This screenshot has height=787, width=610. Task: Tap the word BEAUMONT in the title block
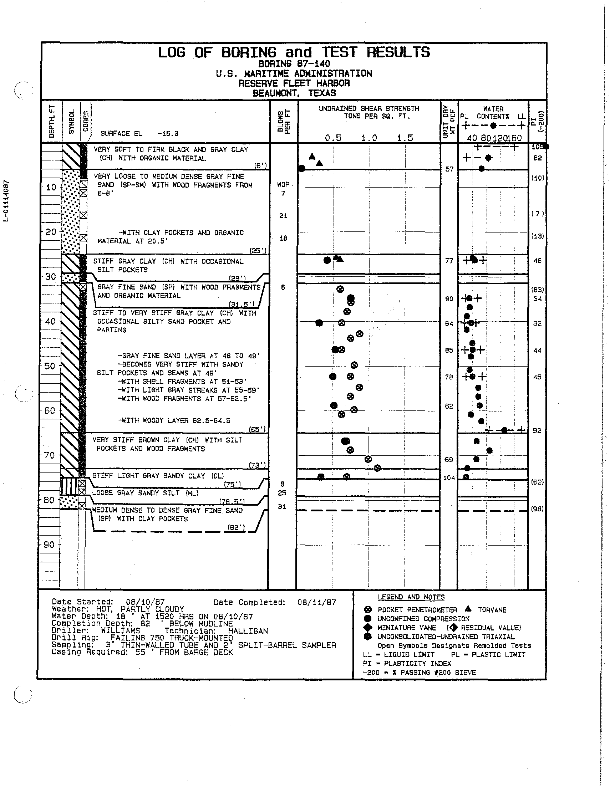(276, 93)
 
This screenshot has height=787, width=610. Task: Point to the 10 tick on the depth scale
(51, 187)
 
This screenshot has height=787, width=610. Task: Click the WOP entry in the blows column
(283, 184)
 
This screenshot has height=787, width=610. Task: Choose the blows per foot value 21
(283, 216)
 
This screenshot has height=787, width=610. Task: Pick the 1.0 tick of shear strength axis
(369, 138)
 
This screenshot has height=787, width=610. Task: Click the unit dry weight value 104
(449, 478)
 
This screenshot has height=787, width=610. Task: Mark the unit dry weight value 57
(449, 169)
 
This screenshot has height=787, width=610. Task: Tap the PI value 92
(537, 431)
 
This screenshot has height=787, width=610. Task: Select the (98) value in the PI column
(537, 509)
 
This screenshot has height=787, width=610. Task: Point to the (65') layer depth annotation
(258, 429)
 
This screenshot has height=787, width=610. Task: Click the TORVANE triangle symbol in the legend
(468, 609)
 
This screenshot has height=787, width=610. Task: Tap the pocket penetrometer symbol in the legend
(368, 610)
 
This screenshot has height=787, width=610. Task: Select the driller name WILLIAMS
(121, 630)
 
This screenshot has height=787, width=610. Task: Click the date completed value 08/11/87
(316, 602)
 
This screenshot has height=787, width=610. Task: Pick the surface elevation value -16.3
(168, 134)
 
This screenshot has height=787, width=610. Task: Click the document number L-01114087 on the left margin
(6, 201)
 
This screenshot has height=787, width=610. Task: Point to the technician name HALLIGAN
(248, 631)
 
